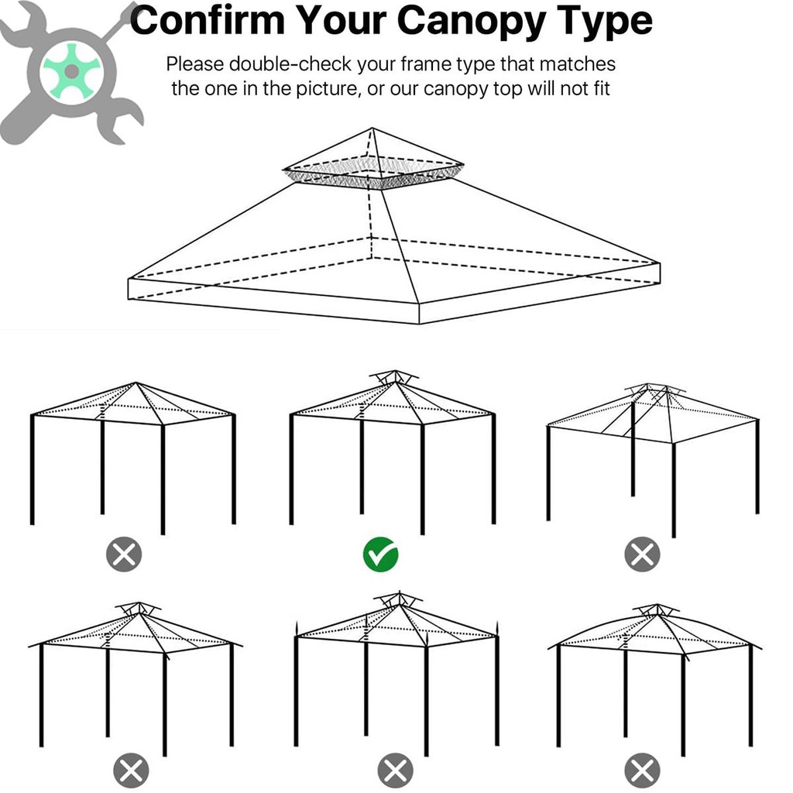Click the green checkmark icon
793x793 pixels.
tap(380, 554)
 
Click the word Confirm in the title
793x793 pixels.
tap(208, 21)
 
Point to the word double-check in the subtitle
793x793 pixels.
tap(290, 64)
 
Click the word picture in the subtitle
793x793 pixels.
tap(325, 88)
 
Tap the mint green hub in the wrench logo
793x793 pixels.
tap(70, 70)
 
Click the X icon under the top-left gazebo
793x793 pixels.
tap(124, 554)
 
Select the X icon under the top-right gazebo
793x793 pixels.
tap(642, 554)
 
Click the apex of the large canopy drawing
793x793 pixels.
tap(372, 128)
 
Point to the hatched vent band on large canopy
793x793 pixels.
tap(373, 173)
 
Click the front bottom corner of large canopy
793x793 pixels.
tap(419, 323)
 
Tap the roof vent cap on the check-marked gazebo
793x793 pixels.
tap(394, 376)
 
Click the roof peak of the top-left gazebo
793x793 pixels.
tap(136, 383)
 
